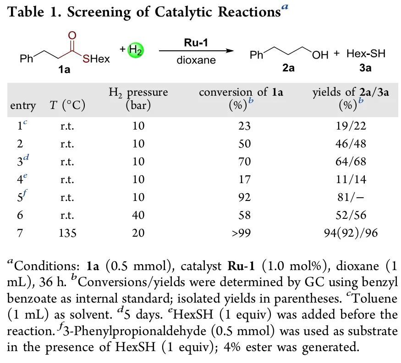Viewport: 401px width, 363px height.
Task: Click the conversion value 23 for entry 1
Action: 244,126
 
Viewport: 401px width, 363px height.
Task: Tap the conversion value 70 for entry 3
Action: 244,162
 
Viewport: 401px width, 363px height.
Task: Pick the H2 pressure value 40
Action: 138,215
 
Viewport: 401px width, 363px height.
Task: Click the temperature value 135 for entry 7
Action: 67,233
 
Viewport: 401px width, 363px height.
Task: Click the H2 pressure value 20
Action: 138,233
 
